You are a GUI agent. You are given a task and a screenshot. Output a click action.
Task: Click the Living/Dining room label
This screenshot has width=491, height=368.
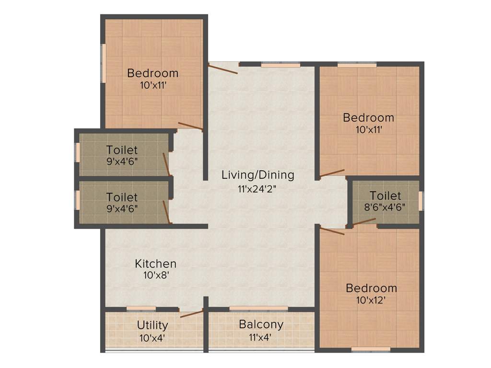pyautogui.click(x=257, y=175)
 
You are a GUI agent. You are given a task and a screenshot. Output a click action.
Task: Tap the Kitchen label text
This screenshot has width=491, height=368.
pyautogui.click(x=155, y=264)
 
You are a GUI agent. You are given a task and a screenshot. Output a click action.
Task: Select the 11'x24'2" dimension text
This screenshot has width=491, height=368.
pyautogui.click(x=257, y=188)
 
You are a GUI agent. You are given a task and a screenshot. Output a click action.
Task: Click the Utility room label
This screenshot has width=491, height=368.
pyautogui.click(x=152, y=325)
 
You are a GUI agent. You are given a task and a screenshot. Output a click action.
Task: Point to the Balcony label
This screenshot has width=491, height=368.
pyautogui.click(x=261, y=324)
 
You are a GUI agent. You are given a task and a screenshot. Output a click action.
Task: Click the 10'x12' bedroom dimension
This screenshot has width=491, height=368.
pyautogui.click(x=372, y=300)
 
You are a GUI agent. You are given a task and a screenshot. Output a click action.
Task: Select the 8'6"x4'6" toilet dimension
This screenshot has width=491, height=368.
pyautogui.click(x=385, y=207)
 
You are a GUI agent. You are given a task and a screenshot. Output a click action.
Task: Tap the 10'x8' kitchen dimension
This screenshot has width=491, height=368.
pyautogui.click(x=155, y=276)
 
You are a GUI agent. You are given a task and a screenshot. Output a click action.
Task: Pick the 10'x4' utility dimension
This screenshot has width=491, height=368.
pyautogui.click(x=152, y=337)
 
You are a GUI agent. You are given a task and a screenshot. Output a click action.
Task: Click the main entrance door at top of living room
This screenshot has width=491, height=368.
pyautogui.click(x=223, y=69)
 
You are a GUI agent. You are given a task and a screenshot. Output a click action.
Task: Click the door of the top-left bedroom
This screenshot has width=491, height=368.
pyautogui.click(x=190, y=126)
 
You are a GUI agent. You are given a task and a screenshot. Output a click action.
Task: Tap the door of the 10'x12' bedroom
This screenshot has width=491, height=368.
pyautogui.click(x=332, y=231)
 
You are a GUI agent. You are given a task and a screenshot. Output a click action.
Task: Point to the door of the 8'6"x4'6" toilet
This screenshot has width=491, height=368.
pyautogui.click(x=364, y=221)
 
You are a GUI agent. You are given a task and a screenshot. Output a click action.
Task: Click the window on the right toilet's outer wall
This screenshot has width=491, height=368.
pyautogui.click(x=421, y=201)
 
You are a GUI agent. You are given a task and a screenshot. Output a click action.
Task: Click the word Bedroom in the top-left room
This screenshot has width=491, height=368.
pyautogui.click(x=152, y=73)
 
